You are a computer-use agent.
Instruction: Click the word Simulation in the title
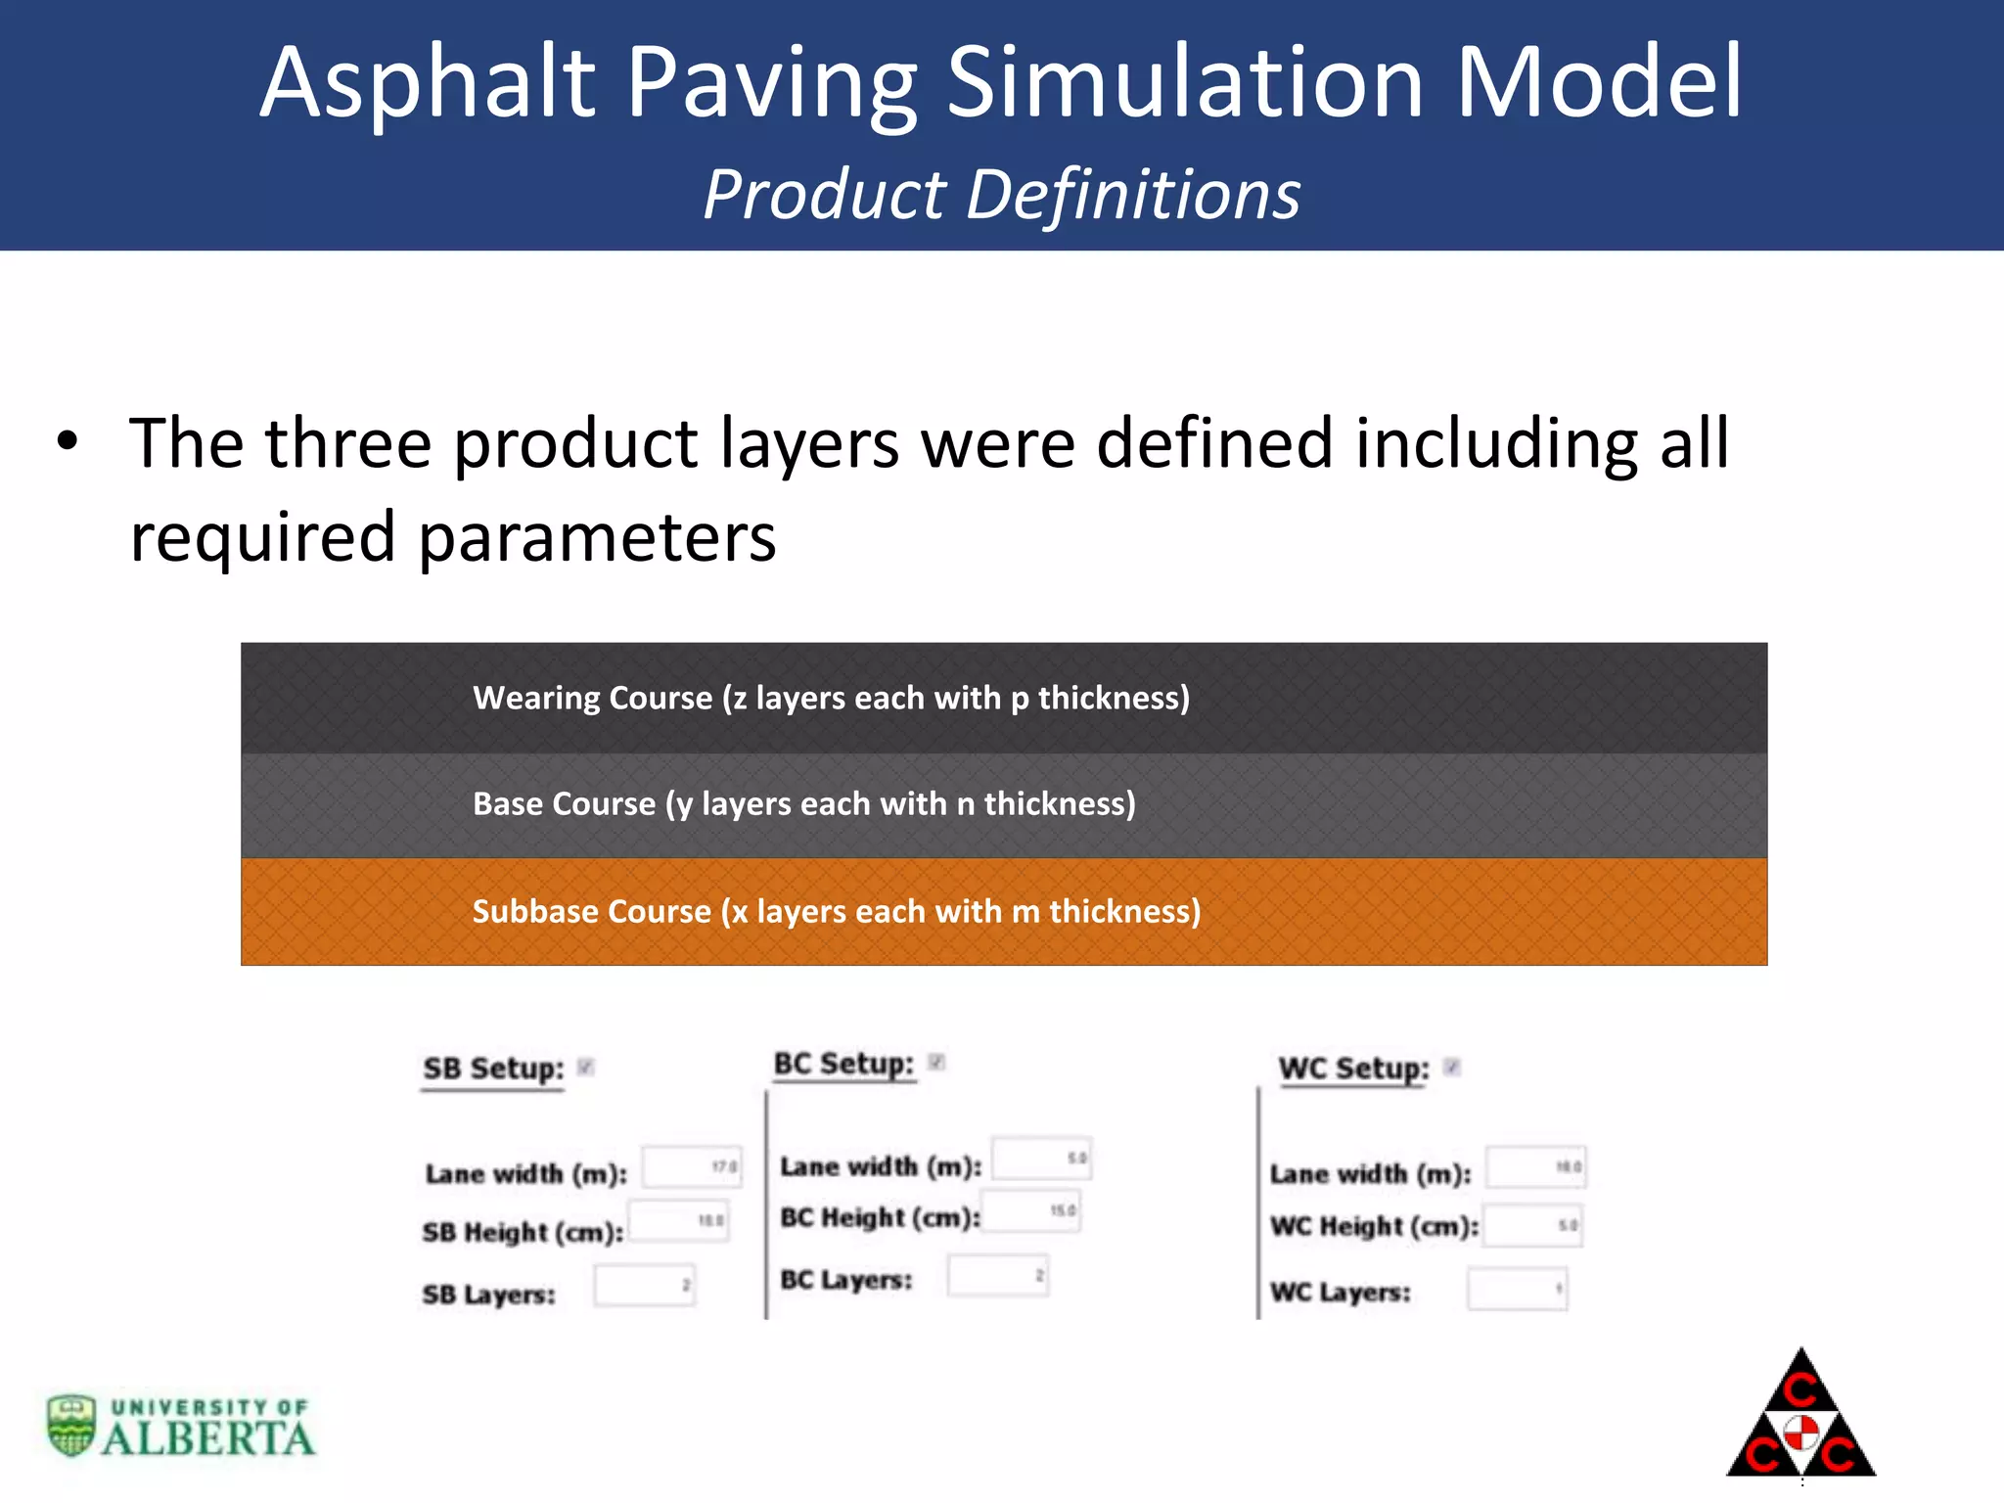pyautogui.click(x=1184, y=84)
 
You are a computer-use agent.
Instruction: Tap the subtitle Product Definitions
pyautogui.click(x=1001, y=195)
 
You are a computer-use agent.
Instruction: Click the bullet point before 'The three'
pyautogui.click(x=67, y=442)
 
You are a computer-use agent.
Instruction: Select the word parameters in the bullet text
pyautogui.click(x=596, y=537)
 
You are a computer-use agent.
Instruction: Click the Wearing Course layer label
pyautogui.click(x=831, y=698)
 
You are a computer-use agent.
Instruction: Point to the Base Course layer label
pyautogui.click(x=803, y=803)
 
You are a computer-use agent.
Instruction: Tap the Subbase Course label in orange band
pyautogui.click(x=836, y=911)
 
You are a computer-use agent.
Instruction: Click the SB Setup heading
pyautogui.click(x=493, y=1068)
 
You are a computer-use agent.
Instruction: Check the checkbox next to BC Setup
pyautogui.click(x=936, y=1063)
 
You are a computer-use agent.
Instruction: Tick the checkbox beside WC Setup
pyautogui.click(x=1452, y=1067)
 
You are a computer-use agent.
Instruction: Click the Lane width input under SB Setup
pyautogui.click(x=691, y=1167)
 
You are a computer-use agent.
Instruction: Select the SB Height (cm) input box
pyautogui.click(x=679, y=1221)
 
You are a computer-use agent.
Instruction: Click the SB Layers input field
pyautogui.click(x=644, y=1286)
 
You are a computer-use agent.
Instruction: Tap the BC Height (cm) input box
pyautogui.click(x=1031, y=1211)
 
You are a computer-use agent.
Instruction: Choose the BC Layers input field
pyautogui.click(x=997, y=1276)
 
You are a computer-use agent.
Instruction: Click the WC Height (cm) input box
pyautogui.click(x=1532, y=1225)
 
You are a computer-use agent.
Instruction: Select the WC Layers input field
pyautogui.click(x=1517, y=1289)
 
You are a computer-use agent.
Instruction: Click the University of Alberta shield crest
pyautogui.click(x=71, y=1425)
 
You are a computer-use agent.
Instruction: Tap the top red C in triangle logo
pyautogui.click(x=1800, y=1389)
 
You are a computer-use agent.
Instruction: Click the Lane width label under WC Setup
pyautogui.click(x=1370, y=1173)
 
